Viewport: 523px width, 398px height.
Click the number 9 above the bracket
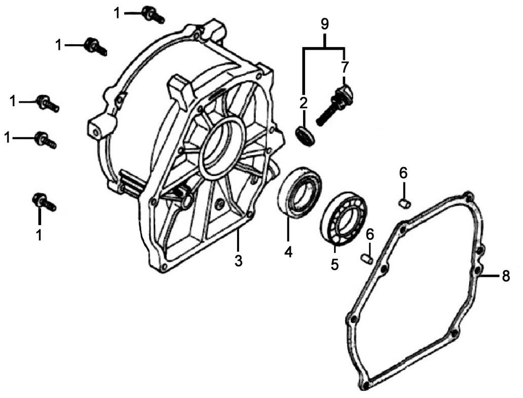click(x=325, y=24)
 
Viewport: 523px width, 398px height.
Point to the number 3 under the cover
click(x=238, y=261)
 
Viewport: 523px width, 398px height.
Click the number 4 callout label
click(x=288, y=251)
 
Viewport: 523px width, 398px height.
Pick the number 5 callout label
click(x=334, y=265)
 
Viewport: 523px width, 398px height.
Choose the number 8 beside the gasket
click(x=505, y=276)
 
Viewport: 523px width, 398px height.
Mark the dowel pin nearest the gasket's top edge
click(x=404, y=204)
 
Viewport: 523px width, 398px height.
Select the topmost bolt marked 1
click(x=153, y=15)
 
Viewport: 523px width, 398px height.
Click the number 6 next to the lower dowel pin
click(x=370, y=234)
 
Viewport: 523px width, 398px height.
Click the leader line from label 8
click(x=491, y=276)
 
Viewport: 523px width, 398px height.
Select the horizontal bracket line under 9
click(x=325, y=48)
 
